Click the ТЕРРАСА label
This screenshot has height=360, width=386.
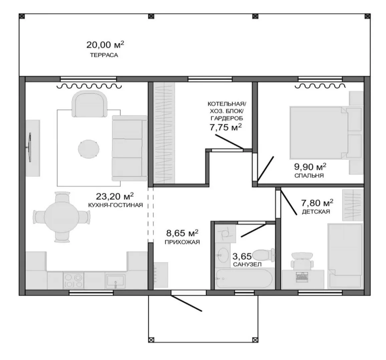point(104,55)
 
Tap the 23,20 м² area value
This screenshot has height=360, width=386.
point(115,196)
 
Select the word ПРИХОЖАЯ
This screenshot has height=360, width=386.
point(182,242)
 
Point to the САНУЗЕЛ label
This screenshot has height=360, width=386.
point(247,265)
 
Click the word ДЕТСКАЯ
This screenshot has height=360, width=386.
point(316,212)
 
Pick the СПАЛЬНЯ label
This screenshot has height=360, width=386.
point(309,176)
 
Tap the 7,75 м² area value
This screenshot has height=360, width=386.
point(226,127)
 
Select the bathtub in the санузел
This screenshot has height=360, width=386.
point(244,278)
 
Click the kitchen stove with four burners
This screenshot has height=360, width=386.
point(73,281)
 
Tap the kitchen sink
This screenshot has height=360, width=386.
point(115,281)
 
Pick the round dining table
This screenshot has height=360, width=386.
point(61,217)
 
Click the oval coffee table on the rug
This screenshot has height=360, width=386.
point(89,149)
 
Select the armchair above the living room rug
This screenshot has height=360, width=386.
point(90,104)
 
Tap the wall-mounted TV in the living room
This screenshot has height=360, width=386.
point(30,148)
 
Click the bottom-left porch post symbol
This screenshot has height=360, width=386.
point(151,340)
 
